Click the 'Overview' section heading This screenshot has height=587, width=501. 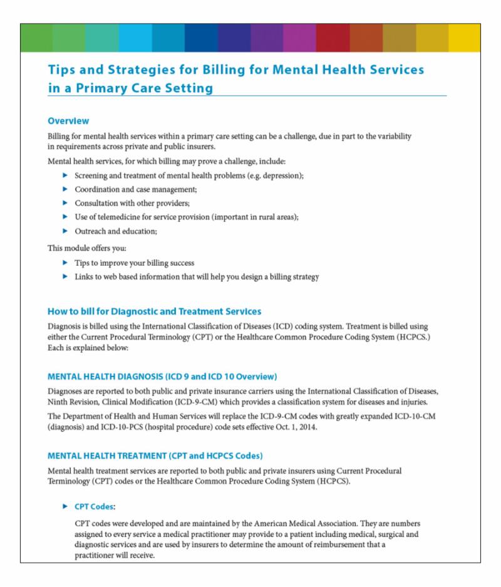[68, 120]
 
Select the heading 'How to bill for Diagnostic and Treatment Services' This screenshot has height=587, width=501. [154, 311]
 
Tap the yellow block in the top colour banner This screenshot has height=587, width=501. [464, 38]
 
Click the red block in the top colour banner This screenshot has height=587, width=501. [332, 38]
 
